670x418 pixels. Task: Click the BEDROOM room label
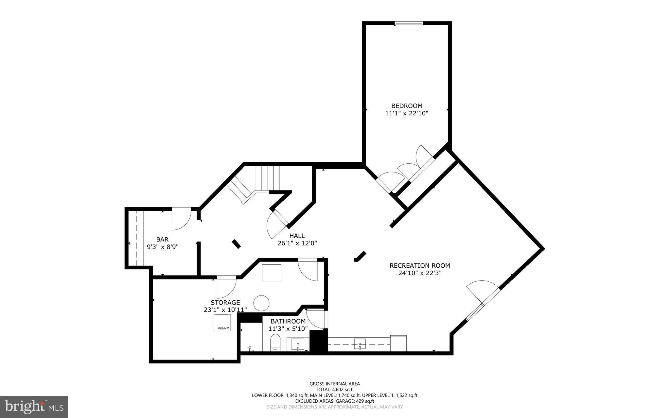point(407,106)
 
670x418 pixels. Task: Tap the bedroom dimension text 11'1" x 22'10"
point(407,113)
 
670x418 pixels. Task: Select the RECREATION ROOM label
point(420,265)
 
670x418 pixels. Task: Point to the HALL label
point(297,236)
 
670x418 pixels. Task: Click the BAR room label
point(162,240)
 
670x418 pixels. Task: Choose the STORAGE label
point(225,303)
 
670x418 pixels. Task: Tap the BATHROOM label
point(288,321)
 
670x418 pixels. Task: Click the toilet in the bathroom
point(275,342)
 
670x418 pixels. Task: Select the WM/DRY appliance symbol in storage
point(223,323)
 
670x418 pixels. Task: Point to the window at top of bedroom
point(409,23)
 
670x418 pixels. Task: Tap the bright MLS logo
point(34,407)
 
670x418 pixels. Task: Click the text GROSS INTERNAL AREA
point(335,384)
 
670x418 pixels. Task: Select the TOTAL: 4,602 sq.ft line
point(335,390)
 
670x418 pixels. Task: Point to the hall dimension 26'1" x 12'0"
point(297,243)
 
